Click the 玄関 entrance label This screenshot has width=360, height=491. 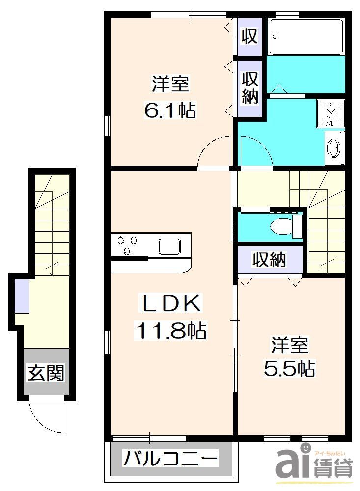46,373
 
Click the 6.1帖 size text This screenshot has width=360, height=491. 169,110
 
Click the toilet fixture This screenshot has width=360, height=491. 285,226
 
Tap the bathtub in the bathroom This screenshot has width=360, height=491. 306,37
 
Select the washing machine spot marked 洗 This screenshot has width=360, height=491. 331,113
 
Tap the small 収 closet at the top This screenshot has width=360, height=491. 249,36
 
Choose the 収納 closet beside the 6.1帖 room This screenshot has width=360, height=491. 249,88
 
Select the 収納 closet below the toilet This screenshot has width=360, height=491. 269,259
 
